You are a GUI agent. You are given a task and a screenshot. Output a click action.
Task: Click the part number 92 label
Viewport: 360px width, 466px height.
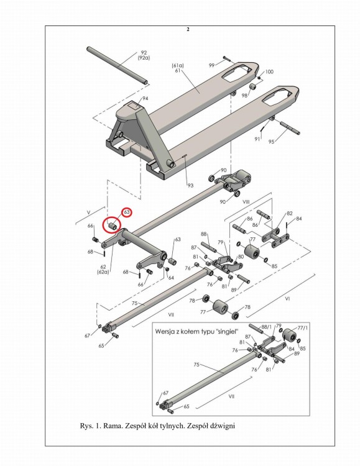click(x=144, y=53)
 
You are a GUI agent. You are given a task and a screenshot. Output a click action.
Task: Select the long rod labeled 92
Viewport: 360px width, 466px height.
click(x=118, y=65)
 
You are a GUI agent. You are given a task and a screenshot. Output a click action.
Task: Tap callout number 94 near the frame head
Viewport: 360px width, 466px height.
click(x=145, y=98)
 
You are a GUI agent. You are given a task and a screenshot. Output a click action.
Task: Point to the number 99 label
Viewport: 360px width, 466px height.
click(x=211, y=65)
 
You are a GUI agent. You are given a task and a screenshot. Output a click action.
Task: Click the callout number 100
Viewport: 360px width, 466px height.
click(x=269, y=71)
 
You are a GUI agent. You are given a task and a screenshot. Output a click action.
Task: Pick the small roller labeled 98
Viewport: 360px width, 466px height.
click(x=253, y=88)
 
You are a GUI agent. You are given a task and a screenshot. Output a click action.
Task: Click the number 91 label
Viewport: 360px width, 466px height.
click(x=257, y=139)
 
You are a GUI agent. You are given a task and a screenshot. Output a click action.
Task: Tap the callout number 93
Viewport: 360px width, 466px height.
click(x=190, y=185)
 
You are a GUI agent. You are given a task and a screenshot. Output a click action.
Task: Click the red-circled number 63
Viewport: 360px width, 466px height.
click(x=127, y=212)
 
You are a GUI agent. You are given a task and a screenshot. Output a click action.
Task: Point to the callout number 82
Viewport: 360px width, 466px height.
click(x=290, y=213)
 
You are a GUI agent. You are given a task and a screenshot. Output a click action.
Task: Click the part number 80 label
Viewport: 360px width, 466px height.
click(x=241, y=257)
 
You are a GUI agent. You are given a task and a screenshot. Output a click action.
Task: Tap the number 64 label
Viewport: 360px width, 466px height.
click(x=171, y=278)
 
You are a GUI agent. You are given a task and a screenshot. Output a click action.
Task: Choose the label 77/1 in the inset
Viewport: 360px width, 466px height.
click(x=303, y=328)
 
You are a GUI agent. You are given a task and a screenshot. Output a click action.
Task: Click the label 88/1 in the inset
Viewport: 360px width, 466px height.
click(x=267, y=327)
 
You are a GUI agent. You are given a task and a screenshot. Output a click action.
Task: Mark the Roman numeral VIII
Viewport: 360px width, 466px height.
click(x=246, y=202)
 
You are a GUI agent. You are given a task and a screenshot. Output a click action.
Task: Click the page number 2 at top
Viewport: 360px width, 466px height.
click(x=188, y=29)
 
